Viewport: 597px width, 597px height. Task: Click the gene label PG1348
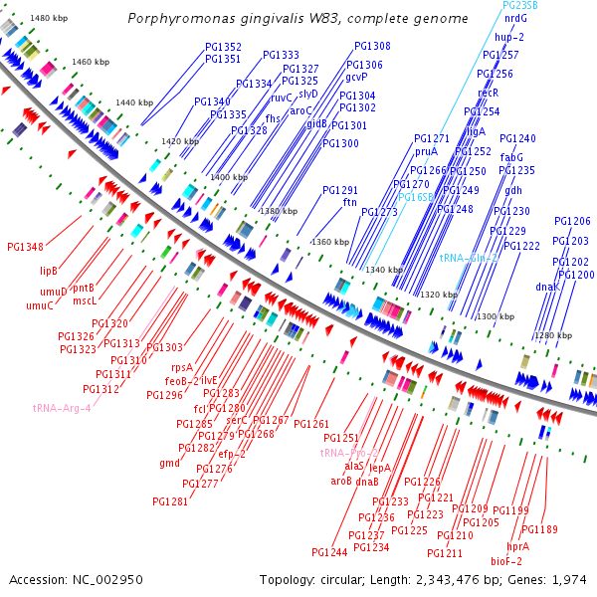tap(25, 247)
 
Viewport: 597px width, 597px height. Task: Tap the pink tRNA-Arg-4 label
tap(62, 408)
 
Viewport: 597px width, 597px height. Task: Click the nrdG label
tap(516, 18)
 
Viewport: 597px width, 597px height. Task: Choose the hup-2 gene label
tap(509, 37)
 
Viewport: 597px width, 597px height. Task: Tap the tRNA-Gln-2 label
tap(469, 257)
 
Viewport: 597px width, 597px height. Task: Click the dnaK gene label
tap(548, 287)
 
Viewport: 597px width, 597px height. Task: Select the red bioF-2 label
tap(507, 561)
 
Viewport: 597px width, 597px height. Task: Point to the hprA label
tap(517, 546)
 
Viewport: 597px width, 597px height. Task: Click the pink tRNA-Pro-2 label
tap(349, 453)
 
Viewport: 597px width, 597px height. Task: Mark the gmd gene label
tap(169, 463)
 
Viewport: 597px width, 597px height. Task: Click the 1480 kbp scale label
tap(48, 19)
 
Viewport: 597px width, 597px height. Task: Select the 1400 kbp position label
tap(227, 177)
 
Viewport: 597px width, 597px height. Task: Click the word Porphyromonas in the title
tap(183, 19)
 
